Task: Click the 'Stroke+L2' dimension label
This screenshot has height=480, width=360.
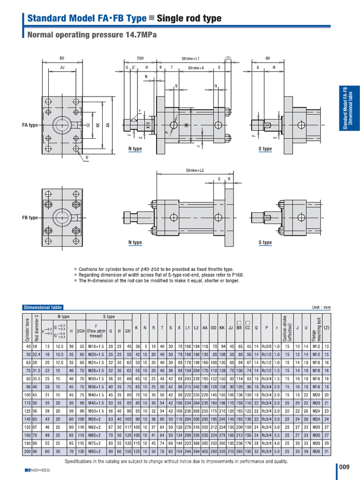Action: pos(193,170)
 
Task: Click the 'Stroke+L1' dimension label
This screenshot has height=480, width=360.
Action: pos(191,59)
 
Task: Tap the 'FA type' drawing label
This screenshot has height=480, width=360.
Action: pos(30,125)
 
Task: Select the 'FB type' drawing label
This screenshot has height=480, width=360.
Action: pos(30,218)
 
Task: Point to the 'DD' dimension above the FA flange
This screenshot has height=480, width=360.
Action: pos(62,59)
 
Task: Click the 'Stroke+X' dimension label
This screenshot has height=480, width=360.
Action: pos(196,68)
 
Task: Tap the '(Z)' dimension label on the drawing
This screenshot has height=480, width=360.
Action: pos(228,59)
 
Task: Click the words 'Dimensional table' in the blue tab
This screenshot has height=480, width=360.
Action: pos(43,307)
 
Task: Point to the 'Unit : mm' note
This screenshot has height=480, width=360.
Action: pos(321,307)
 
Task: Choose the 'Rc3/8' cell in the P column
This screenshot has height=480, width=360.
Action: pos(268,346)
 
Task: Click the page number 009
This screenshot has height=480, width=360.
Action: pos(345,467)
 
